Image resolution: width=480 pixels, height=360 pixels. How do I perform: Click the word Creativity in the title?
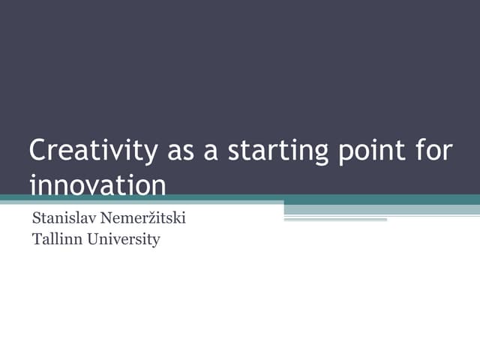pos(93,151)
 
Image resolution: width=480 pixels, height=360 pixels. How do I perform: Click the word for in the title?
pos(435,151)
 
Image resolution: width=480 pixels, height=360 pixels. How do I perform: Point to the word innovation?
pos(97,184)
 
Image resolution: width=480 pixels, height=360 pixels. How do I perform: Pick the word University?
pos(122,241)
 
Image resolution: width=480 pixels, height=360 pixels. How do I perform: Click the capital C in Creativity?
pos(37,151)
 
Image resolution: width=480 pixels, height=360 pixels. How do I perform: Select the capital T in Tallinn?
pos(36,240)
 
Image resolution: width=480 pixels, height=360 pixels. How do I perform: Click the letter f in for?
pos(419,151)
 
